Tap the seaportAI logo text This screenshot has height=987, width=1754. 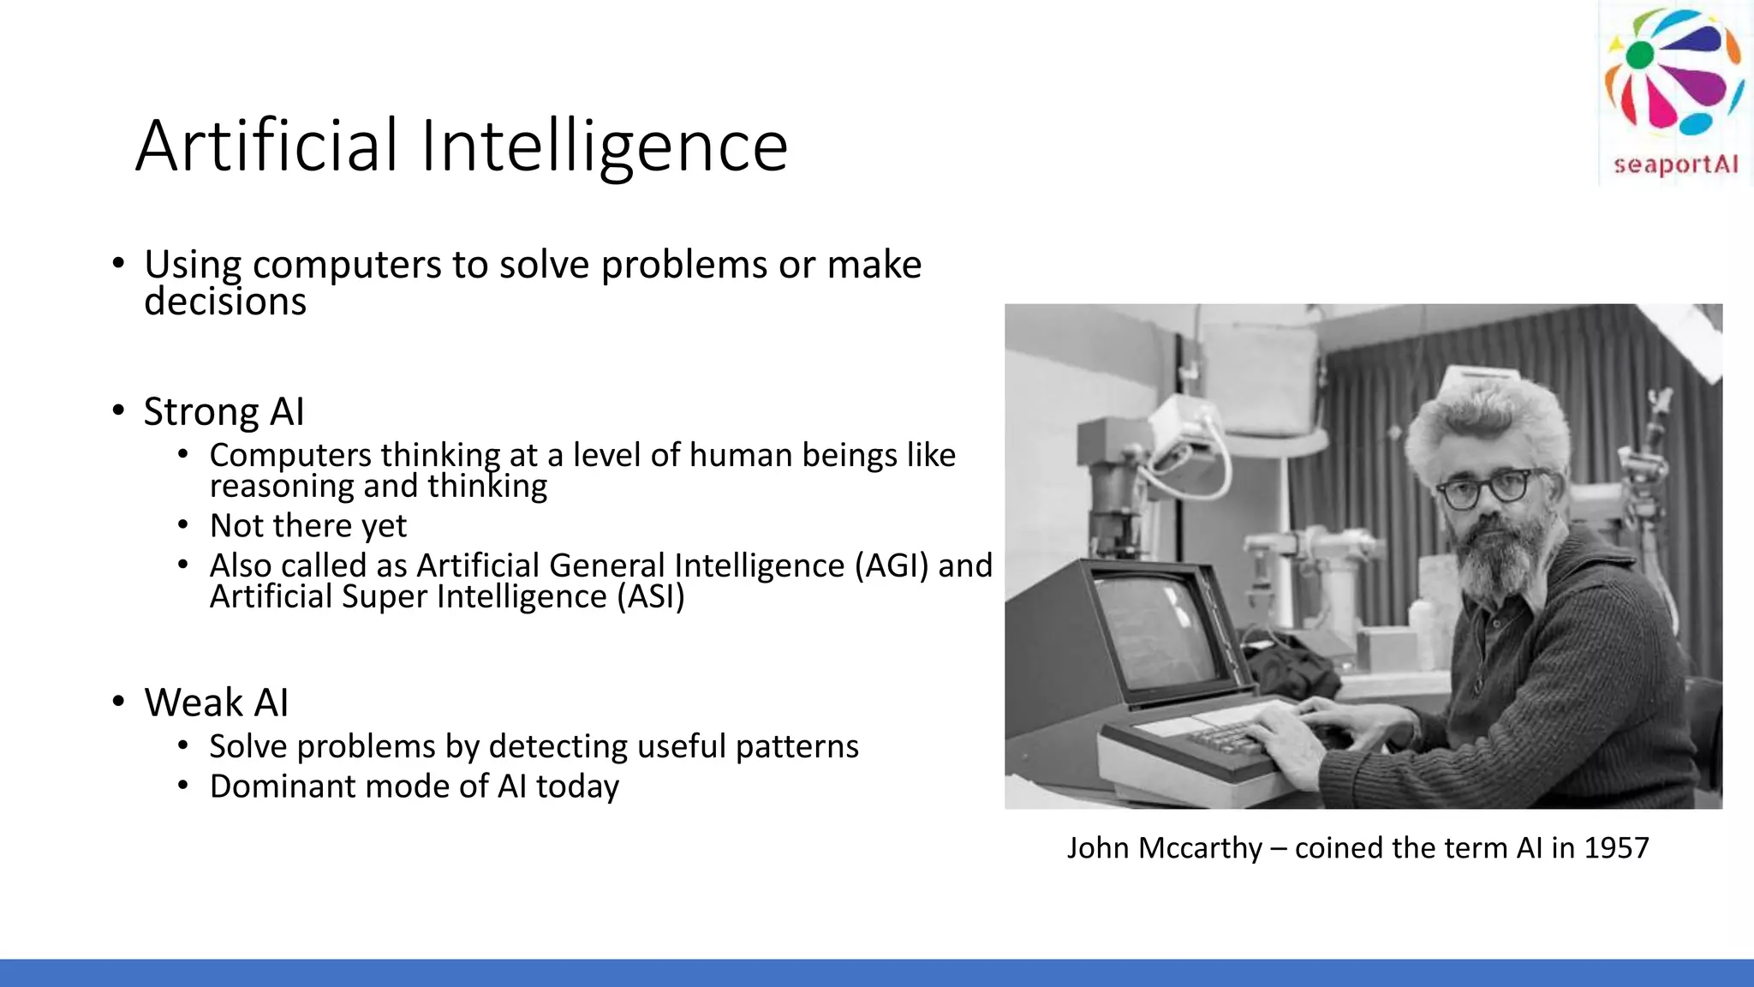(x=1675, y=164)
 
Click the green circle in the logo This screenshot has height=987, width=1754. (x=1639, y=55)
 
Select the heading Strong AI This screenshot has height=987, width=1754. (x=224, y=412)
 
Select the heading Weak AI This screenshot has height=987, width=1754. (x=216, y=703)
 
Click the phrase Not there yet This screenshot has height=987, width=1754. (x=308, y=526)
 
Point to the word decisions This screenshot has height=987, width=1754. (x=224, y=302)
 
